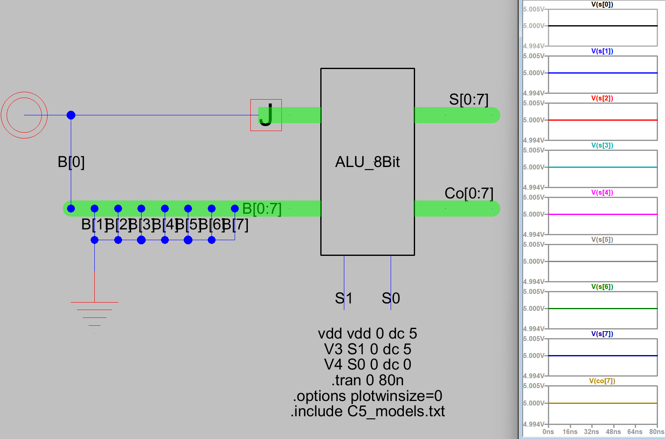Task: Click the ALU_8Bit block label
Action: click(x=367, y=162)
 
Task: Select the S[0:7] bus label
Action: click(x=468, y=100)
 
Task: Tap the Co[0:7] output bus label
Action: click(x=468, y=193)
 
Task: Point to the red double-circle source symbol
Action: click(x=24, y=115)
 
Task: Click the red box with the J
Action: click(x=266, y=115)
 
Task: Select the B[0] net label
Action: click(x=71, y=162)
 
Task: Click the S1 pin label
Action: click(x=343, y=298)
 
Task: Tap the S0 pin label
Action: click(x=391, y=298)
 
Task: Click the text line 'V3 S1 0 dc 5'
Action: click(x=367, y=349)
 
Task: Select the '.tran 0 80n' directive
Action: click(x=367, y=380)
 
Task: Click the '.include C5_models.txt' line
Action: click(x=367, y=411)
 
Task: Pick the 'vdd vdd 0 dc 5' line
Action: click(x=367, y=334)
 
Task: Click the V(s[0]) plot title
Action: click(x=602, y=5)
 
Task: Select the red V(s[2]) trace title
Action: click(x=602, y=98)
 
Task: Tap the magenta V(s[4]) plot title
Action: click(x=602, y=193)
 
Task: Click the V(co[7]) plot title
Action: click(x=602, y=381)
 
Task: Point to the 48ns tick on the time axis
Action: click(x=613, y=432)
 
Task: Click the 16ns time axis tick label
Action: click(x=570, y=432)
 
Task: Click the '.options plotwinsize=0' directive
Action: click(x=367, y=396)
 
